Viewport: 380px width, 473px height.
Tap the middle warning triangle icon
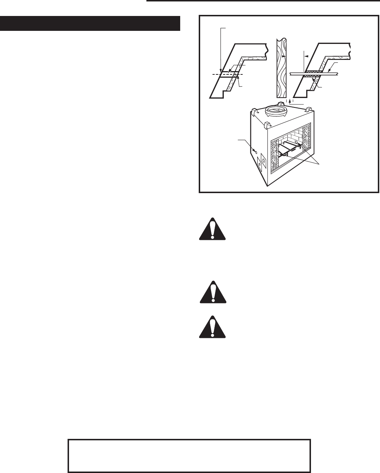click(x=213, y=291)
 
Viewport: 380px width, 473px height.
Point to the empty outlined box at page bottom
click(x=189, y=456)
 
